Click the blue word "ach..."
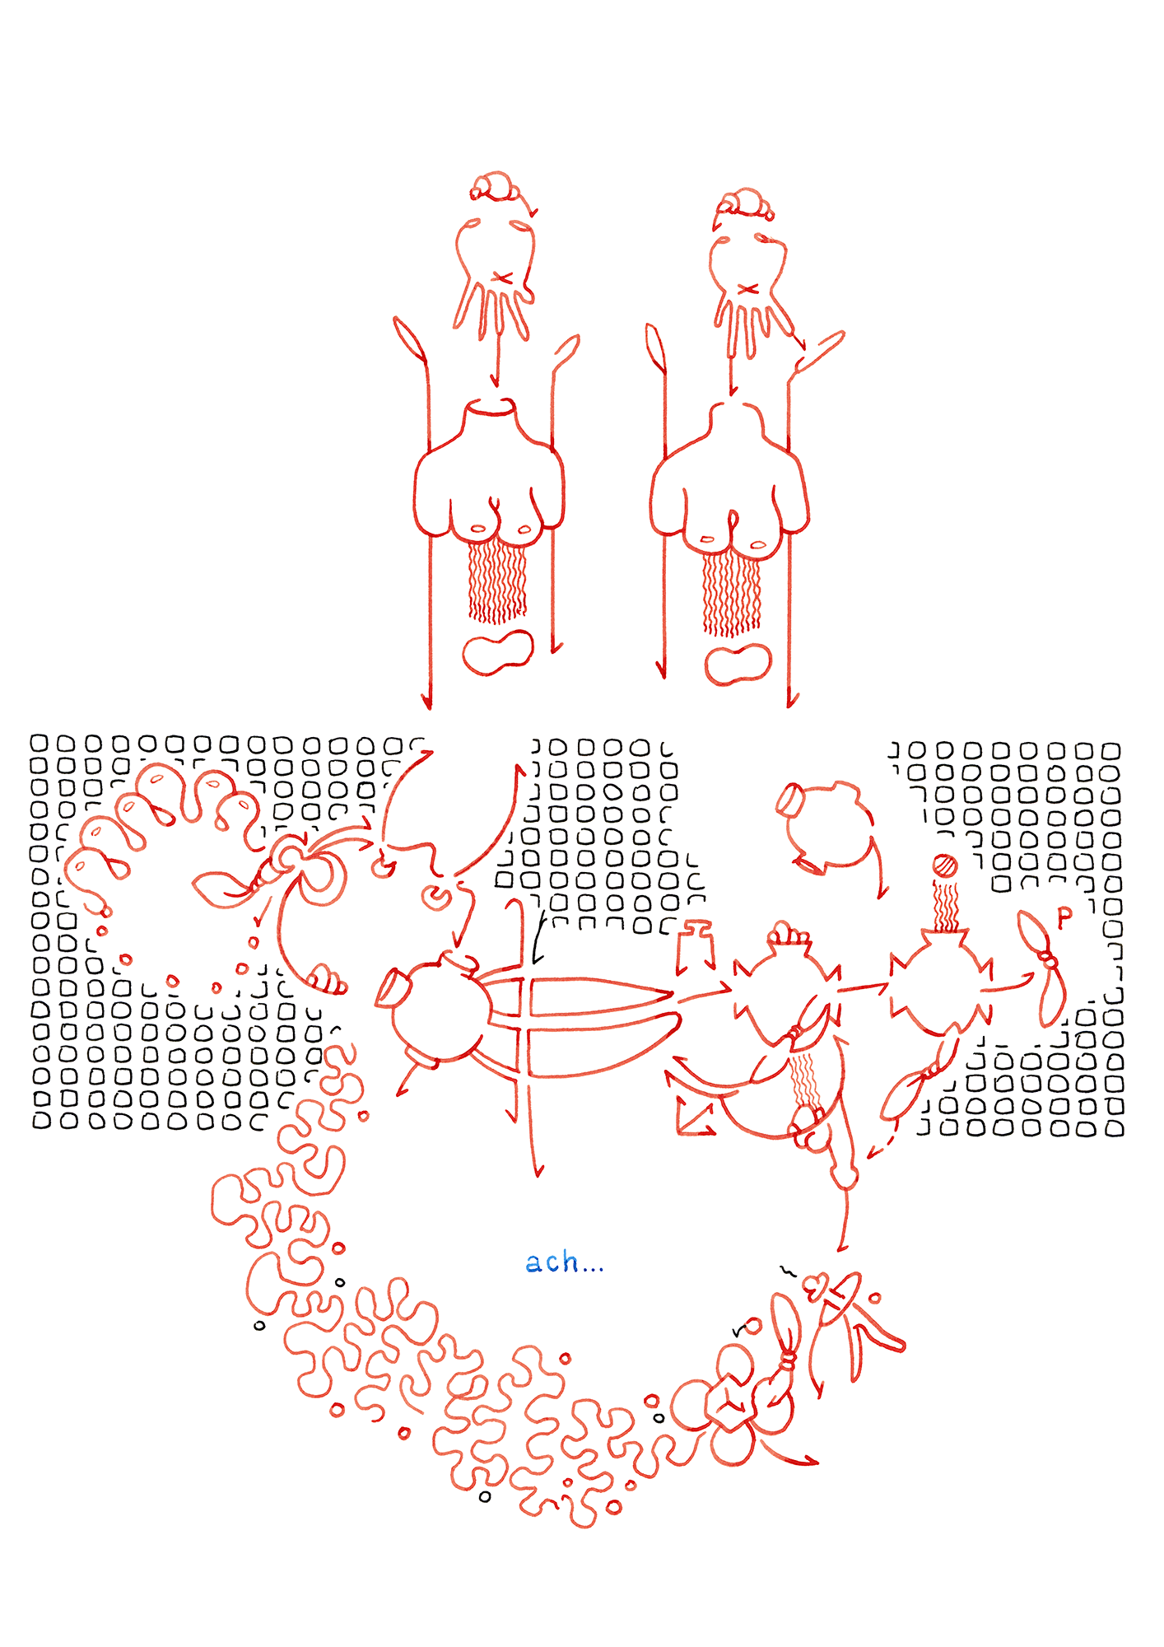tap(565, 1262)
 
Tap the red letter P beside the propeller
tap(1064, 917)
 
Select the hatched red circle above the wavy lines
tap(945, 866)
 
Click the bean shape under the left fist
tap(497, 652)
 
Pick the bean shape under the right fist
tap(738, 665)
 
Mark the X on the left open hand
tap(502, 278)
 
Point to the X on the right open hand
tap(747, 289)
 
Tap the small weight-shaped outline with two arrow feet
tap(696, 947)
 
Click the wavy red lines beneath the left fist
tap(497, 582)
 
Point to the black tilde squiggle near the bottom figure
tap(789, 1270)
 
